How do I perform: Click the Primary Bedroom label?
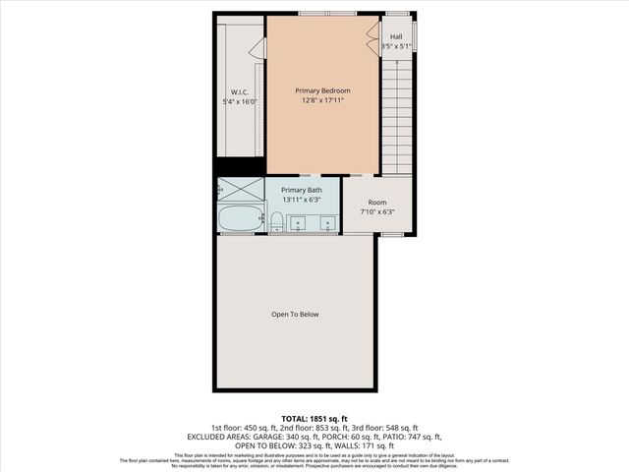(322, 90)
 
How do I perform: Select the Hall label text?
(396, 36)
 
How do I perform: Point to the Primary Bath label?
(301, 190)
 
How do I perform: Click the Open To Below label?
(295, 315)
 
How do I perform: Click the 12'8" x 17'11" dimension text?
(322, 100)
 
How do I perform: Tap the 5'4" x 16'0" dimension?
(239, 101)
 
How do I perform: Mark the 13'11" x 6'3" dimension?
(301, 200)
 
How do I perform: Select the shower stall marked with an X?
(241, 189)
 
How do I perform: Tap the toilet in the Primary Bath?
(278, 222)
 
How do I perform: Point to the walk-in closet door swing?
(257, 47)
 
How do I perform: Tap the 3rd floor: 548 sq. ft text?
(387, 427)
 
